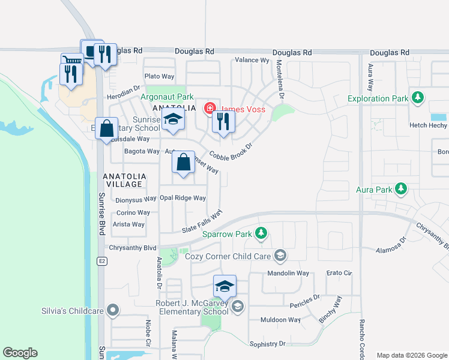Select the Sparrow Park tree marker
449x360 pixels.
pos(261,233)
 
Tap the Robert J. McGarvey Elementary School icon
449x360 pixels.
pos(238,307)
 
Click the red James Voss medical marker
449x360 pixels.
pos(209,109)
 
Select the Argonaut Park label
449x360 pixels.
pos(167,97)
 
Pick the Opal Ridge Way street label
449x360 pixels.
pos(182,198)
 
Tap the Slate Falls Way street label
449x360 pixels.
pos(202,221)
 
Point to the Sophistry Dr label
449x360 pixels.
pos(267,344)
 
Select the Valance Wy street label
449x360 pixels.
pos(252,60)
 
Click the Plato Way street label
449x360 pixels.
pos(159,76)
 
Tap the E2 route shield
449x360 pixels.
pos(102,261)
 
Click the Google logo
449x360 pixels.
pos(20,353)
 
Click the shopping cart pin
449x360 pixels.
pos(71,60)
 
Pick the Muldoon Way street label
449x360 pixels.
pos(280,320)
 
